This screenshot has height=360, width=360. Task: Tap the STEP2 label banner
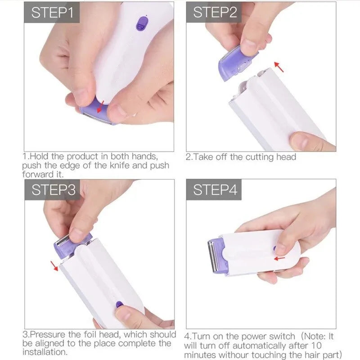(x=215, y=13)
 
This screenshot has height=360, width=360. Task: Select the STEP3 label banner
(x=53, y=190)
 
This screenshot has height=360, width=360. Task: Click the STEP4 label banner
(x=215, y=190)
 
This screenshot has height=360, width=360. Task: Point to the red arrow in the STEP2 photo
(x=280, y=67)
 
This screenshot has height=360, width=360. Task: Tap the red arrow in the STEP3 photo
(x=54, y=266)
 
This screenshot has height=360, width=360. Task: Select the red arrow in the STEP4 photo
(x=279, y=258)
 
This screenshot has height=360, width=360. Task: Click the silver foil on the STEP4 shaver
(x=211, y=257)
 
